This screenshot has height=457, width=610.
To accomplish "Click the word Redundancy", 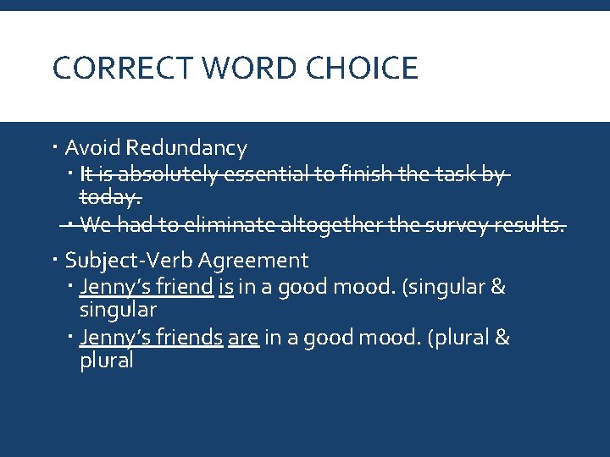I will click(186, 148).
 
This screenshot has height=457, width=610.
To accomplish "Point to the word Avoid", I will click(92, 148).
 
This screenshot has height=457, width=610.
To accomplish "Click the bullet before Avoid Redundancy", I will click(55, 148).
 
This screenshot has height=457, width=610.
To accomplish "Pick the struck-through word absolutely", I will click(170, 175).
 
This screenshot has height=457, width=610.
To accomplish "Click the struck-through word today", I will click(109, 198).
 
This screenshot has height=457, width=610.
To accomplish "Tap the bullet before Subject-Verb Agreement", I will click(55, 260).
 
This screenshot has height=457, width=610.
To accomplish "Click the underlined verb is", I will click(225, 287).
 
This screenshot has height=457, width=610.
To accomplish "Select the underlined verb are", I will click(243, 338).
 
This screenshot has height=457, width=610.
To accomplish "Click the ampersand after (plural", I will click(502, 338).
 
